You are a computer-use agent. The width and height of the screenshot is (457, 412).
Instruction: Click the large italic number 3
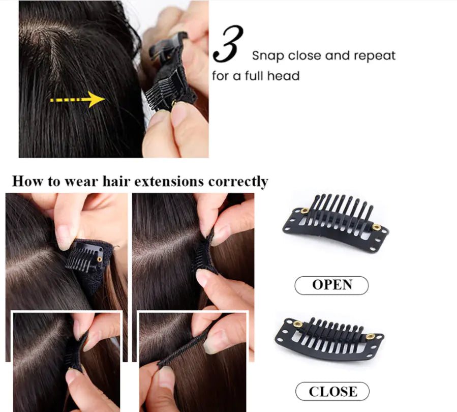pyautogui.click(x=228, y=44)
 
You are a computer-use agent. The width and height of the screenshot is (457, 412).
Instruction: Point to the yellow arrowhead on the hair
pyautogui.click(x=97, y=99)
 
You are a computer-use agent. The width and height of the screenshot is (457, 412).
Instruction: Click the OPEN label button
pyautogui.click(x=331, y=285)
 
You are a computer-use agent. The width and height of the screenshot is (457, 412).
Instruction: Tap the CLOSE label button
pyautogui.click(x=332, y=391)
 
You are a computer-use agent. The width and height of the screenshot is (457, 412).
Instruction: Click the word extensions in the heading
pyautogui.click(x=169, y=182)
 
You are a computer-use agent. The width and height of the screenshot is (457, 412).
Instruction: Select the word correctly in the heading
pyautogui.click(x=238, y=182)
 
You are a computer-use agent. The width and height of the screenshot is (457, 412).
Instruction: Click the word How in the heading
pyautogui.click(x=28, y=181)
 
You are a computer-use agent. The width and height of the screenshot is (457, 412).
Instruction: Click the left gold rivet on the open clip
pyautogui.click(x=305, y=211)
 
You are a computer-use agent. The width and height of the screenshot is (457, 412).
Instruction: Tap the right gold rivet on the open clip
pyautogui.click(x=376, y=227)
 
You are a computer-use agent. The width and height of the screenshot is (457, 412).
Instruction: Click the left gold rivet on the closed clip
pyautogui.click(x=297, y=324)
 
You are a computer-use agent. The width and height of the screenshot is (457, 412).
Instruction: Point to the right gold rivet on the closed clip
pyautogui.click(x=371, y=337)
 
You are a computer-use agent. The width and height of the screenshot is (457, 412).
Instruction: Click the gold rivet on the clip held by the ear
pyautogui.click(x=100, y=259)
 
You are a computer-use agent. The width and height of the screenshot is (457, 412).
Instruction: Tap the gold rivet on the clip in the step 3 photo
pyautogui.click(x=174, y=103)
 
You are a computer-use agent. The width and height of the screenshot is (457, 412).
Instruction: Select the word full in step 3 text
pyautogui.click(x=255, y=76)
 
